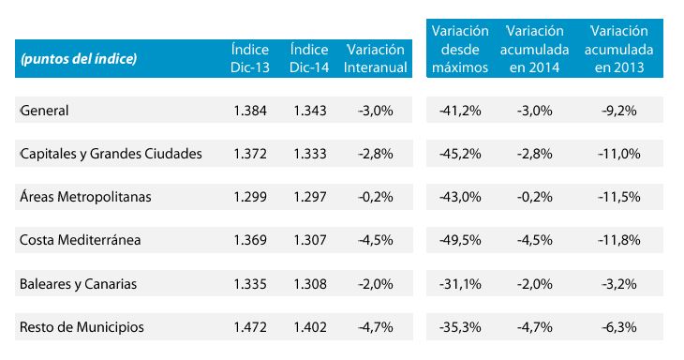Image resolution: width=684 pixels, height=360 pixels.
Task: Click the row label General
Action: click(x=45, y=111)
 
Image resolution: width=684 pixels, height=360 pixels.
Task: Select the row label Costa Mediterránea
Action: click(x=80, y=240)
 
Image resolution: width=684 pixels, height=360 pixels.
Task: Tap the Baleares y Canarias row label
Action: click(x=77, y=283)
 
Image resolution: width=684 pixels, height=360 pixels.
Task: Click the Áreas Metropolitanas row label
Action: click(x=85, y=197)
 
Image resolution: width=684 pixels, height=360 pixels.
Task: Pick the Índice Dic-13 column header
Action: click(x=250, y=58)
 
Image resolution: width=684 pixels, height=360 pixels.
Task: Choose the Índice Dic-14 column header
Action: click(x=309, y=58)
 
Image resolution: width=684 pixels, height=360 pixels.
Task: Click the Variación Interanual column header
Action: click(x=375, y=58)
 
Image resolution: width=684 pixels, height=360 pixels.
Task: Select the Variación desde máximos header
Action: click(x=460, y=50)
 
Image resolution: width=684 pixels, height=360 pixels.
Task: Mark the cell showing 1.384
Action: click(x=250, y=111)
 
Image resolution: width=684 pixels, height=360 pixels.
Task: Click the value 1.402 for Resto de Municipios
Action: click(x=309, y=326)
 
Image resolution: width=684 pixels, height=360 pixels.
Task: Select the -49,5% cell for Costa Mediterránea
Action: click(x=460, y=240)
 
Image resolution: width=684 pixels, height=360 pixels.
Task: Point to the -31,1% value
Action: click(x=460, y=283)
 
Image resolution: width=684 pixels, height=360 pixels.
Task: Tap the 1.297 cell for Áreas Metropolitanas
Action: click(x=309, y=197)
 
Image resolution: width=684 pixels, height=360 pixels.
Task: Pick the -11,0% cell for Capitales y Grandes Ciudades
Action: click(x=617, y=154)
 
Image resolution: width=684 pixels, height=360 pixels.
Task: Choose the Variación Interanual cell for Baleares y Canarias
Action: click(x=375, y=283)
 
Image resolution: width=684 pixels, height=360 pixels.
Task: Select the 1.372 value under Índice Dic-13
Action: click(x=250, y=154)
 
